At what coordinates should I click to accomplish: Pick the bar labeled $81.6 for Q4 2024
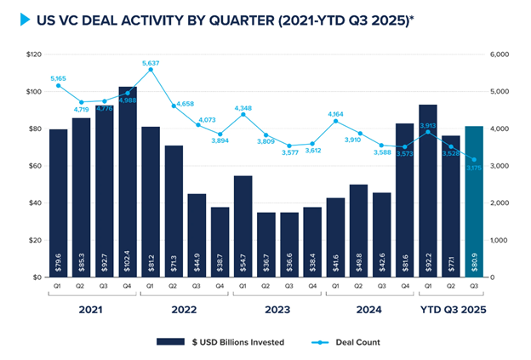pyautogui.click(x=405, y=200)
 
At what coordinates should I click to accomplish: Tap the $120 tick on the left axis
pyautogui.click(x=35, y=54)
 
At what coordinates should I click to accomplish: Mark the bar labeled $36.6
pyautogui.click(x=289, y=244)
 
